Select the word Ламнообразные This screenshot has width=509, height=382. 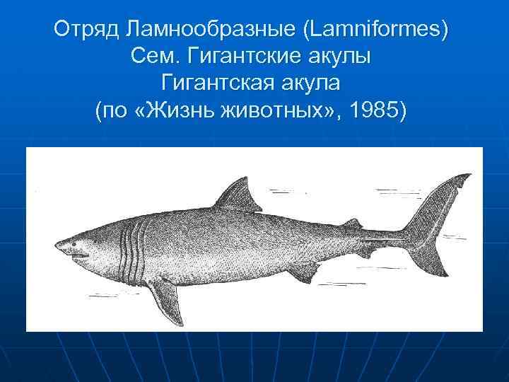point(199,30)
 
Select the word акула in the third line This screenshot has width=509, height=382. point(315,84)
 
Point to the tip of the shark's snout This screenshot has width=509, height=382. point(57,247)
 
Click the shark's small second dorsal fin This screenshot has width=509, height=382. point(351,224)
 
